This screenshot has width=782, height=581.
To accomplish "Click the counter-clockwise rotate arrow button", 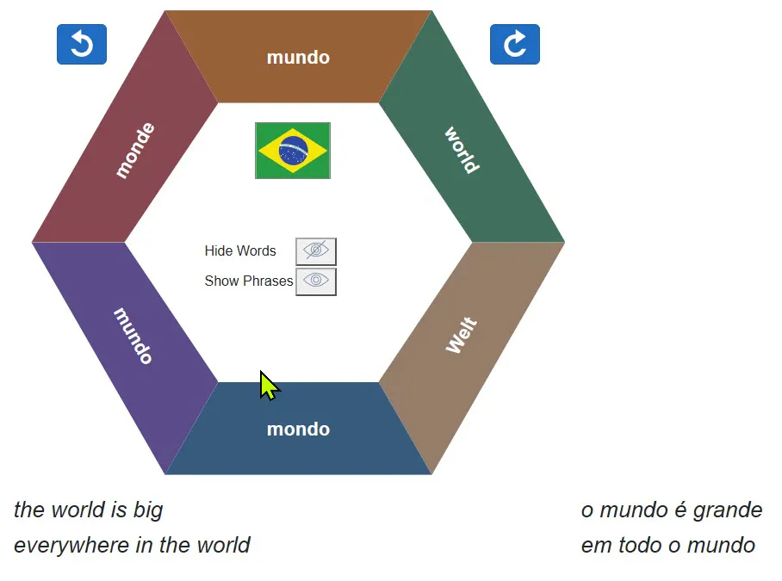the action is click(82, 45).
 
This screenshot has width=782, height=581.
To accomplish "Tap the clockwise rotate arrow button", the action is click(515, 45).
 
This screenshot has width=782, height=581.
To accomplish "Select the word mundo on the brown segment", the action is click(298, 58).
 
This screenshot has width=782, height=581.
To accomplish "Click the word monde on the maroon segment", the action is click(135, 150).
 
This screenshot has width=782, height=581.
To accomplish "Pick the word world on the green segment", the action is click(462, 150).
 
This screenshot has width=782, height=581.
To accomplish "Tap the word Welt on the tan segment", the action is click(462, 335).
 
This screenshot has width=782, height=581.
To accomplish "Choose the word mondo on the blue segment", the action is click(298, 429).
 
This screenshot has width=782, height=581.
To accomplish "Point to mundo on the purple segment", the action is click(133, 336).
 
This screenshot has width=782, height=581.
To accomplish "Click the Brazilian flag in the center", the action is click(293, 151).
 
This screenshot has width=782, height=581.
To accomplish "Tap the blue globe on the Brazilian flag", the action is click(293, 150).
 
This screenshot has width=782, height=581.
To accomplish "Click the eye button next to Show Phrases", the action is click(316, 281).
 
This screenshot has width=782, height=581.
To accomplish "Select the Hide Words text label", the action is click(240, 250).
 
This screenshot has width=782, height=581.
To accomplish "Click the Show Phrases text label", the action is click(249, 281).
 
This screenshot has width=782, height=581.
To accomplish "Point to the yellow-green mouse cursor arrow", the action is click(269, 386).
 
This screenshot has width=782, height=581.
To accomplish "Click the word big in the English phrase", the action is click(148, 510).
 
